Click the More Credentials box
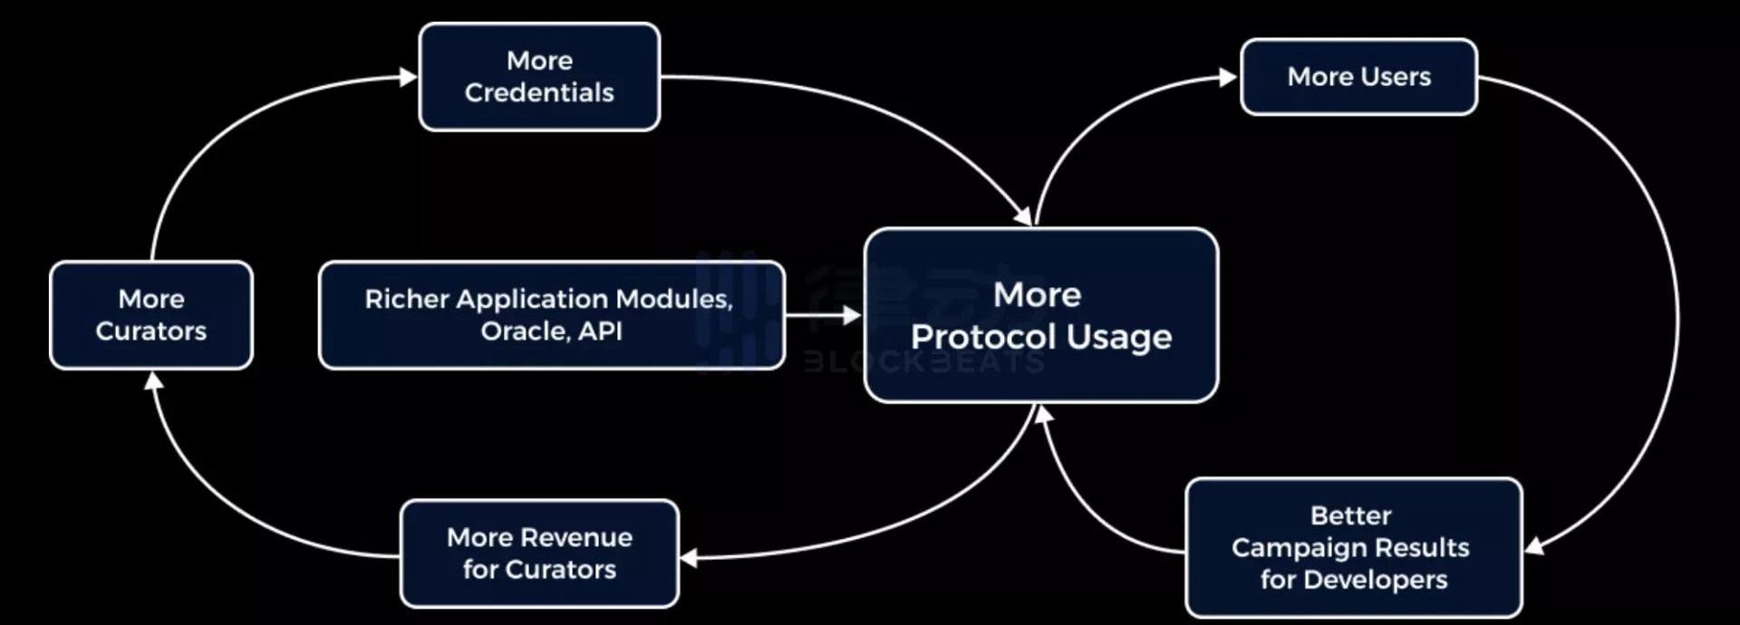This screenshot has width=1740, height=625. point(539,77)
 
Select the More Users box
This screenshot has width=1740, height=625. point(1358,77)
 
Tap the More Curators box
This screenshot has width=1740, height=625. point(151,315)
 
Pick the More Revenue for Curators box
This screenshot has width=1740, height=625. point(539,553)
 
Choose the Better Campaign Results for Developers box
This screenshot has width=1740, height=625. point(1353,547)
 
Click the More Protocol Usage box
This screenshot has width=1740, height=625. point(1040,315)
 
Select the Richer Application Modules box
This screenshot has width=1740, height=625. point(551,315)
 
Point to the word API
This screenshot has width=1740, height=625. point(600,332)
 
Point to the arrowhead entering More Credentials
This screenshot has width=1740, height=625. point(409,77)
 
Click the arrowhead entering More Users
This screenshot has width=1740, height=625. point(1229,77)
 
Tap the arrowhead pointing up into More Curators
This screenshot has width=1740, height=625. point(154,380)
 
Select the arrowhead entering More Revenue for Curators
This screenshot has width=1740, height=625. point(689,558)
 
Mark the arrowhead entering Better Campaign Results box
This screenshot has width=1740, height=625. point(1533,546)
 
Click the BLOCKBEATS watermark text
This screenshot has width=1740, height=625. point(923,362)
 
